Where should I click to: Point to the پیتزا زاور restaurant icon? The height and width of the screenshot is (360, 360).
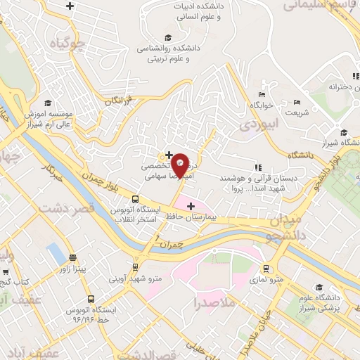73,257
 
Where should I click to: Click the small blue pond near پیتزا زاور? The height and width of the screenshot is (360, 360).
55,252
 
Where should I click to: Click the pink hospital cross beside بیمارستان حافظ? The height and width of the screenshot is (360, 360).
191,205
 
